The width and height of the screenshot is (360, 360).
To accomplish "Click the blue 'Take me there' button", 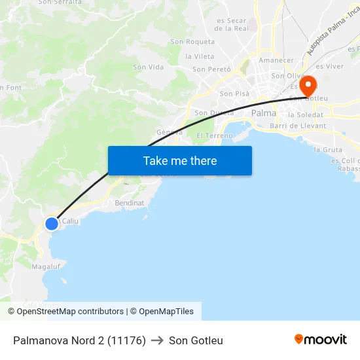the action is pyautogui.click(x=180, y=160).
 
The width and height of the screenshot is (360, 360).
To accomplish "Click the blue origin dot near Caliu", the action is pyautogui.click(x=52, y=224).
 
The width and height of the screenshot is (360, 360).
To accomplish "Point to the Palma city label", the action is pyautogui.click(x=264, y=113).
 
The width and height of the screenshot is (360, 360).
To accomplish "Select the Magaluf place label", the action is pyautogui.click(x=46, y=266).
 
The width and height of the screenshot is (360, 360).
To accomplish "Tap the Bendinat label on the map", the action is pyautogui.click(x=129, y=204).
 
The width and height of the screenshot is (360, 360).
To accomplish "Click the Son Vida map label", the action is pyautogui.click(x=148, y=67).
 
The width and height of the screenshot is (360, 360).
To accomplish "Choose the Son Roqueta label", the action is pyautogui.click(x=192, y=42).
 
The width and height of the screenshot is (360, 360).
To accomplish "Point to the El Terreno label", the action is pyautogui.click(x=215, y=135).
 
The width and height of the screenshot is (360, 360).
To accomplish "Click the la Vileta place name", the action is pyautogui.click(x=200, y=57).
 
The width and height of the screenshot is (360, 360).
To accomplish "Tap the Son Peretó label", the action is pyautogui.click(x=211, y=69).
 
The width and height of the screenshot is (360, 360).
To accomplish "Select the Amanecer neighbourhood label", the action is pyautogui.click(x=276, y=60).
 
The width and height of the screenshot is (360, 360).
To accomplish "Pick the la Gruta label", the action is pyautogui.click(x=328, y=150).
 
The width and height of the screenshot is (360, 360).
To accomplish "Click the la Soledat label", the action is pyautogui.click(x=306, y=115).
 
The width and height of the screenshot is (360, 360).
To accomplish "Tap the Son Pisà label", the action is pyautogui.click(x=234, y=94).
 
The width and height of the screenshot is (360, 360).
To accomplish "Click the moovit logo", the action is pyautogui.click(x=321, y=339).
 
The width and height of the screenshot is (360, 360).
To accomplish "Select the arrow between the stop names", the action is pyautogui.click(x=157, y=340).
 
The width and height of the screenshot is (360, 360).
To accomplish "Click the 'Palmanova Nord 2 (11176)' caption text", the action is pyautogui.click(x=79, y=340).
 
